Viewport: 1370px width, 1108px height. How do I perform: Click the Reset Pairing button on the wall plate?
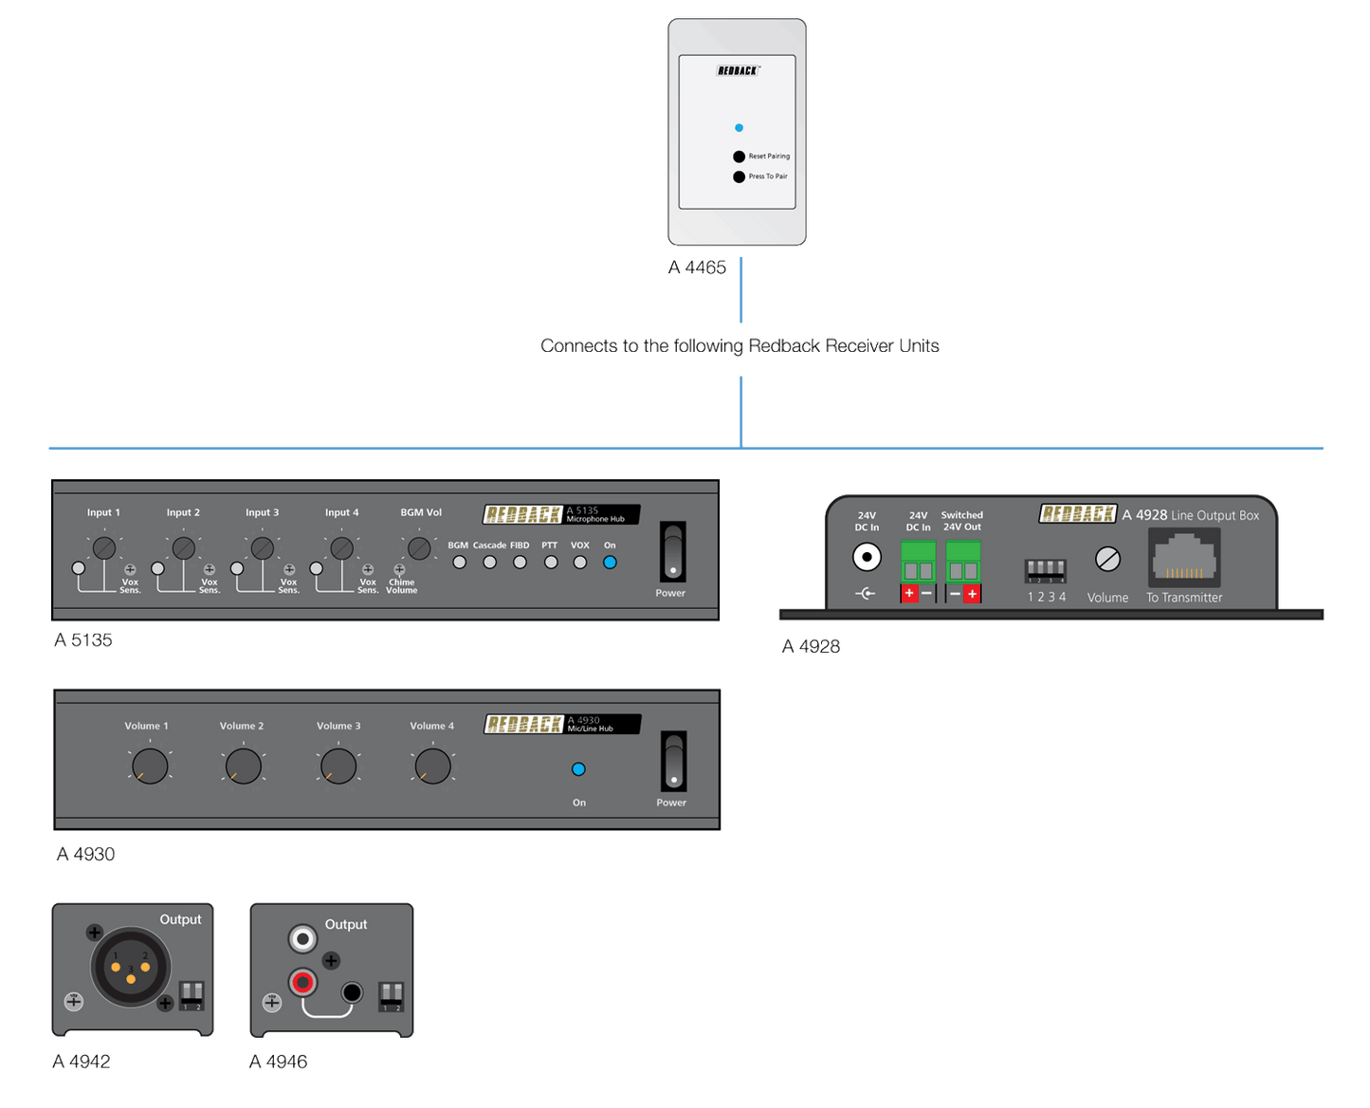pyautogui.click(x=739, y=157)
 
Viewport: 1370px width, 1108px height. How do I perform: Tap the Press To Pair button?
pyautogui.click(x=739, y=176)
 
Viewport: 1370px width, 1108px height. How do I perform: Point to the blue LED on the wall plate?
pyautogui.click(x=739, y=127)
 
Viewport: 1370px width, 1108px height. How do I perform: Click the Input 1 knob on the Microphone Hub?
pyautogui.click(x=104, y=547)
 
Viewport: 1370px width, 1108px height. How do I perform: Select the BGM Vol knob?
pyautogui.click(x=419, y=547)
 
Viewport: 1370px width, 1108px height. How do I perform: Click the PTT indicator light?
pyautogui.click(x=551, y=562)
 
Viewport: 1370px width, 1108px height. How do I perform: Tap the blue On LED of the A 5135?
pyautogui.click(x=610, y=562)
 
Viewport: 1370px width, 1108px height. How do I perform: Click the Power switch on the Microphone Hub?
pyautogui.click(x=672, y=552)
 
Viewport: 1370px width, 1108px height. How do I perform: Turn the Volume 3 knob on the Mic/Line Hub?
pyautogui.click(x=338, y=766)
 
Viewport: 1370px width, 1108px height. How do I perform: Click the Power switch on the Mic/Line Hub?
pyautogui.click(x=673, y=762)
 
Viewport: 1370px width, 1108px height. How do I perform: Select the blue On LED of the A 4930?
pyautogui.click(x=578, y=769)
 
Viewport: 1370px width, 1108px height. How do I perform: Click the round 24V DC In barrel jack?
pyautogui.click(x=867, y=557)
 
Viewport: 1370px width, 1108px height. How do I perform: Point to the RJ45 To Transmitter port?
pyautogui.click(x=1184, y=558)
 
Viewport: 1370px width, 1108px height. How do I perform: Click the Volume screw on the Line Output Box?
pyautogui.click(x=1107, y=560)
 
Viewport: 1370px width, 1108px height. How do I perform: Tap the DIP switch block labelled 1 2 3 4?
pyautogui.click(x=1046, y=571)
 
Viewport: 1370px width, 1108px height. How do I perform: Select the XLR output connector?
pyautogui.click(x=131, y=967)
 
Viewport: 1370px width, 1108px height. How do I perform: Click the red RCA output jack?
pyautogui.click(x=303, y=982)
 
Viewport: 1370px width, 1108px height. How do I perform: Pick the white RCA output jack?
pyautogui.click(x=303, y=939)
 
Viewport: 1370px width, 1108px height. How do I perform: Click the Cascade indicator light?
pyautogui.click(x=489, y=562)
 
